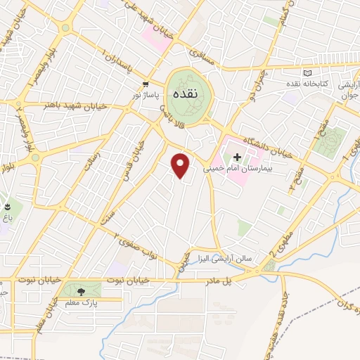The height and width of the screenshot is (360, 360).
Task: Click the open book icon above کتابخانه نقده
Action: click(x=306, y=73)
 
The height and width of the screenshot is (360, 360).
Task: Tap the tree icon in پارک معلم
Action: click(x=80, y=290)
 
